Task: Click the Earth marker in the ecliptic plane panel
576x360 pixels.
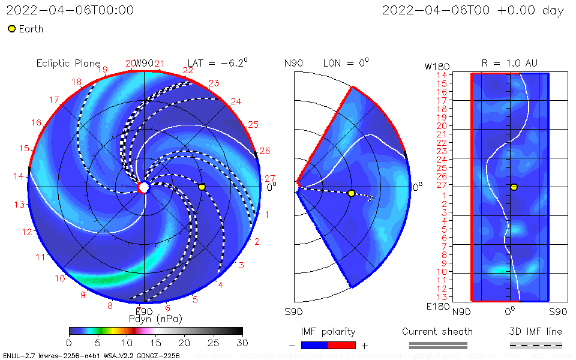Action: click(x=202, y=187)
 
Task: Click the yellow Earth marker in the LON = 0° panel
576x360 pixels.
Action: click(x=351, y=193)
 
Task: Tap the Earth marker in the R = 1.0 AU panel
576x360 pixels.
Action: click(x=514, y=187)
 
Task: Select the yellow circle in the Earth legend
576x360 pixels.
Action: click(x=11, y=29)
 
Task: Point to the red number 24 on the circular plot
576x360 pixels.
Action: click(x=236, y=102)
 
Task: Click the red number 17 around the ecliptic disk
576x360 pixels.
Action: click(x=54, y=100)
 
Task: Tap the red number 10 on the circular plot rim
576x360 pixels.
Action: click(x=60, y=278)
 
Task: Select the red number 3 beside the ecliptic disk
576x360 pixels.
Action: click(x=241, y=266)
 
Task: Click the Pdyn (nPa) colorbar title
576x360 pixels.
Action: click(x=155, y=319)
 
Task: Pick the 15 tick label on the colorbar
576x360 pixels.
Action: click(x=155, y=342)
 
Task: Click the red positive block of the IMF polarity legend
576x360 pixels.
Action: click(x=342, y=345)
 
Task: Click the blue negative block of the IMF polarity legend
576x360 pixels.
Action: click(x=314, y=345)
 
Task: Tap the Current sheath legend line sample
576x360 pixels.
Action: click(x=437, y=345)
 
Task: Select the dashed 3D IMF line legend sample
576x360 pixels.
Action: click(x=536, y=345)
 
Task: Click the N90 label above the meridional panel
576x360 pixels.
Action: click(x=293, y=64)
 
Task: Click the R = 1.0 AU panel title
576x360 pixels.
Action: click(x=509, y=63)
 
